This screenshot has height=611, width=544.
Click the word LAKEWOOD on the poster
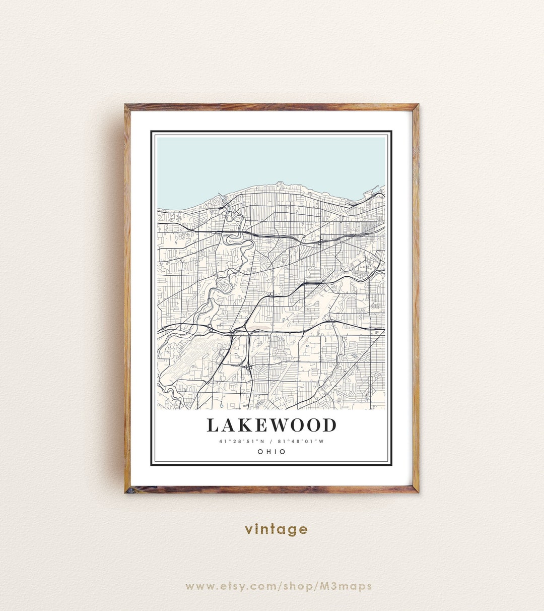pyautogui.click(x=271, y=425)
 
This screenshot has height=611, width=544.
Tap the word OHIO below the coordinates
pyautogui.click(x=271, y=452)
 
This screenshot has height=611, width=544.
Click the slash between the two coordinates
pyautogui.click(x=271, y=442)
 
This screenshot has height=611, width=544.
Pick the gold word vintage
pyautogui.click(x=276, y=529)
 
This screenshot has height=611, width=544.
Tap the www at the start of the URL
pyautogui.click(x=197, y=586)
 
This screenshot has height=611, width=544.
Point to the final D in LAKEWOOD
pyautogui.click(x=329, y=425)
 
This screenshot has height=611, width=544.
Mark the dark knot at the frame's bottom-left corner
pyautogui.click(x=129, y=489)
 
